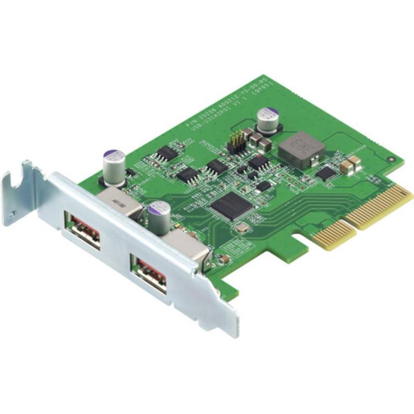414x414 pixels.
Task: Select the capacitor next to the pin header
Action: pyautogui.click(x=268, y=120)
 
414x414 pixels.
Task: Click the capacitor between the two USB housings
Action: pyautogui.click(x=158, y=217)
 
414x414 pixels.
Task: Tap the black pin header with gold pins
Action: pyautogui.click(x=236, y=142)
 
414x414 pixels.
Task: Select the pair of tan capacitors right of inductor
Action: pyautogui.click(x=350, y=164)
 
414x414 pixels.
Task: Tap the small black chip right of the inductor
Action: pyautogui.click(x=326, y=172)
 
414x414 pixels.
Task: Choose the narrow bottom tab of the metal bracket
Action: pyautogui.click(x=229, y=321)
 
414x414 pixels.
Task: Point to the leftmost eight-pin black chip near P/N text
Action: pyautogui.click(x=167, y=154)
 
